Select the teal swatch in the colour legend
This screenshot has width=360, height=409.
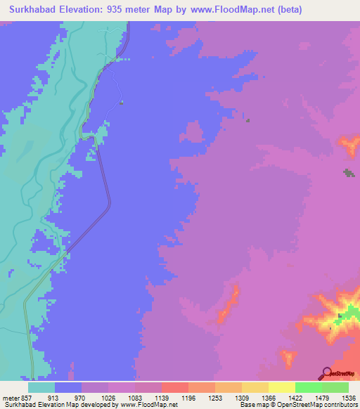click(x=41, y=387)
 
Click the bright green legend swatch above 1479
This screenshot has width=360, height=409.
click(x=308, y=387)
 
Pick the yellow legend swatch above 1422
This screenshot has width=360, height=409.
click(x=281, y=387)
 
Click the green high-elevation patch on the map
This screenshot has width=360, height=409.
click(x=350, y=311)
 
